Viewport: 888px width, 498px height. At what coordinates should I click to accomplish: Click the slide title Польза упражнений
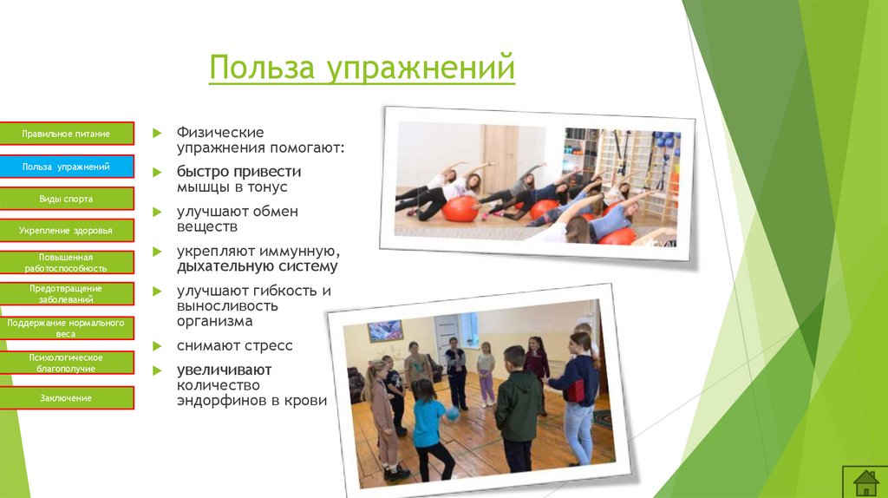pyautogui.click(x=362, y=68)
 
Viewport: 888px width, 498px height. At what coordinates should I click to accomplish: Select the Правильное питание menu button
pyautogui.click(x=67, y=134)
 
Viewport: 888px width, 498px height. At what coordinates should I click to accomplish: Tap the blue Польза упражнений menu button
pyautogui.click(x=67, y=166)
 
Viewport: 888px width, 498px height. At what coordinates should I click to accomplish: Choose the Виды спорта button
pyautogui.click(x=67, y=199)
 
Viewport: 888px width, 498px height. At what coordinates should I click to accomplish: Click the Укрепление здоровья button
pyautogui.click(x=67, y=231)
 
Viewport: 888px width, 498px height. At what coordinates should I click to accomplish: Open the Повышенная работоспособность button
pyautogui.click(x=67, y=263)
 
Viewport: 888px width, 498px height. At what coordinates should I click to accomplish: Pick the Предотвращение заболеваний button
pyautogui.click(x=67, y=294)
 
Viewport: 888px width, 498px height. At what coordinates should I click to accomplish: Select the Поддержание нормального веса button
pyautogui.click(x=67, y=327)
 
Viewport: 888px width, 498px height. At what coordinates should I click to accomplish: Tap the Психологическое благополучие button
pyautogui.click(x=67, y=363)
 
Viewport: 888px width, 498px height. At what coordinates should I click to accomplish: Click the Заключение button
pyautogui.click(x=67, y=398)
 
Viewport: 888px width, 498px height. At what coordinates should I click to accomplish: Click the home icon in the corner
pyautogui.click(x=865, y=482)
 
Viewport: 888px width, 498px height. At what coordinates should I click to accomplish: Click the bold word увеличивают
pyautogui.click(x=223, y=370)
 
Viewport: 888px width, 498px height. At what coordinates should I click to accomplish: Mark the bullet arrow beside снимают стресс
pyautogui.click(x=157, y=346)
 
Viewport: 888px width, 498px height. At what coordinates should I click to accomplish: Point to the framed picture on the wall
pyautogui.click(x=385, y=331)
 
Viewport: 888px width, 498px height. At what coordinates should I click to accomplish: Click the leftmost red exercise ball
pyautogui.click(x=460, y=208)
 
